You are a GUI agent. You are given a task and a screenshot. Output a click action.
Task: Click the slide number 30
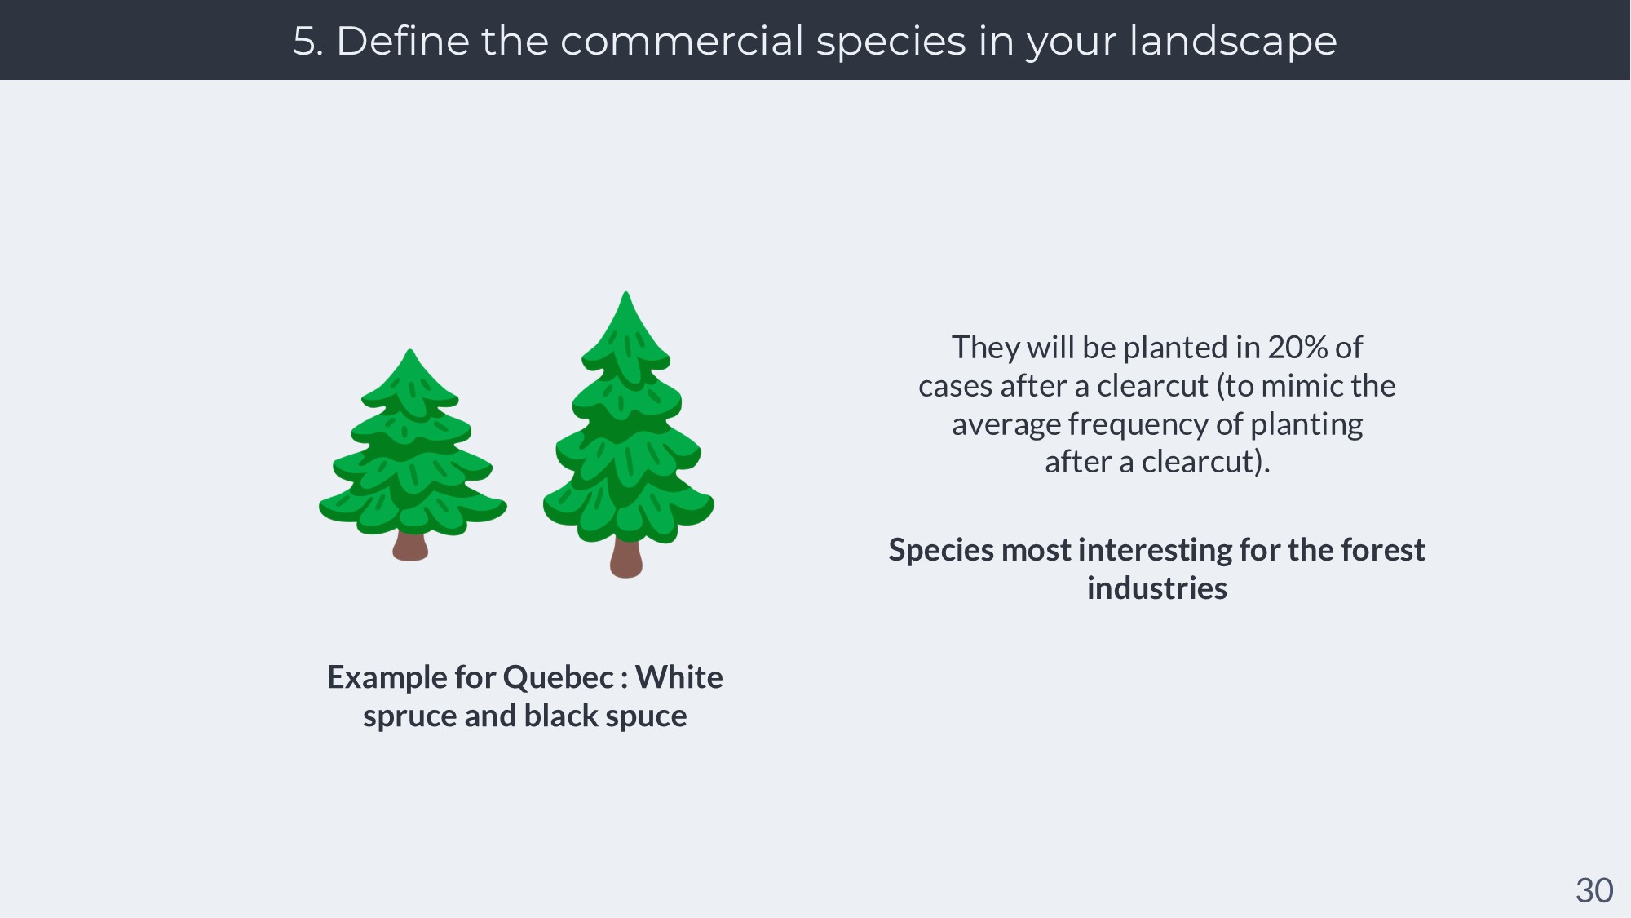(1594, 891)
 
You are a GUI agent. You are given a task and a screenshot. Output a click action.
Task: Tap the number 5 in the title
(303, 42)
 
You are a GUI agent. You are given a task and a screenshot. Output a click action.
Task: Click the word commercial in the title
(681, 41)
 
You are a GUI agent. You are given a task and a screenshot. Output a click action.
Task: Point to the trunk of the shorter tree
(410, 546)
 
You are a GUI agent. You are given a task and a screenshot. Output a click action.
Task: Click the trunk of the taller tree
(626, 558)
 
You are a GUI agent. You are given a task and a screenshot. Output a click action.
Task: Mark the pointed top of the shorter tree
(410, 351)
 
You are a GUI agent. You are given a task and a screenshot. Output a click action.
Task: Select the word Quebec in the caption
(558, 678)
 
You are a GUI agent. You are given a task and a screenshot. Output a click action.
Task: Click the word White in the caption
(678, 677)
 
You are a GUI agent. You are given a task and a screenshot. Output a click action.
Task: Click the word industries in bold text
(1156, 588)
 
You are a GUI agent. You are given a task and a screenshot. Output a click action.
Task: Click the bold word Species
(941, 551)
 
